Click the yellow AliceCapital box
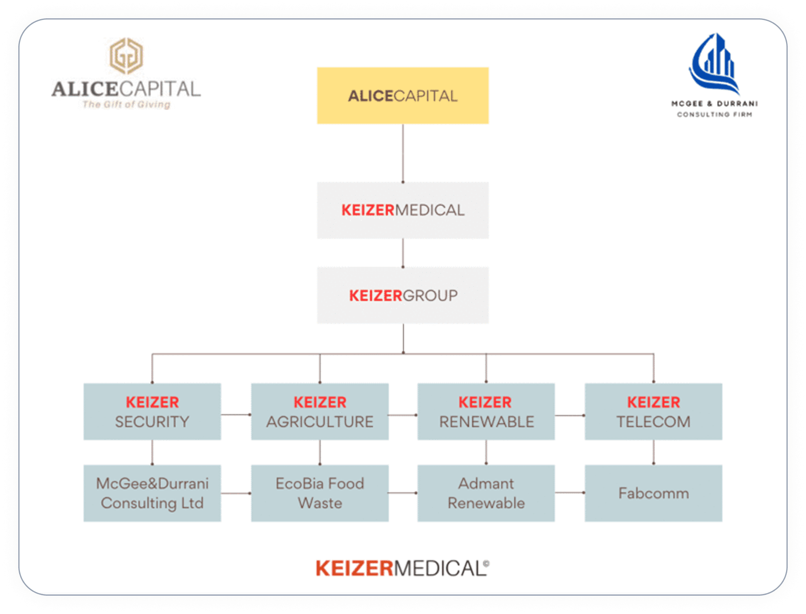click(403, 96)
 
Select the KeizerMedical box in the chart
click(403, 210)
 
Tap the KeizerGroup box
click(403, 295)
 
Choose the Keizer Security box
click(152, 411)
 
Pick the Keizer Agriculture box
click(320, 411)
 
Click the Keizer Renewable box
click(486, 411)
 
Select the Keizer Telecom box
click(653, 411)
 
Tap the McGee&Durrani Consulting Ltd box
click(152, 493)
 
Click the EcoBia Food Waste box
click(320, 493)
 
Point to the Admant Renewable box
click(486, 493)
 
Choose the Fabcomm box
click(653, 493)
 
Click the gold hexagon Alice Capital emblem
click(126, 56)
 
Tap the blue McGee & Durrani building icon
click(715, 63)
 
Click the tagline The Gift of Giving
click(126, 105)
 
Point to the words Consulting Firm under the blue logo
click(714, 115)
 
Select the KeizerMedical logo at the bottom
click(402, 568)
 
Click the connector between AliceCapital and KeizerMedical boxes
click(403, 153)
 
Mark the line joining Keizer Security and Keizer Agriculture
click(236, 415)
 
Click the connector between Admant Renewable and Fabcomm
click(569, 493)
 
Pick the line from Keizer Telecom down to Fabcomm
click(654, 452)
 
